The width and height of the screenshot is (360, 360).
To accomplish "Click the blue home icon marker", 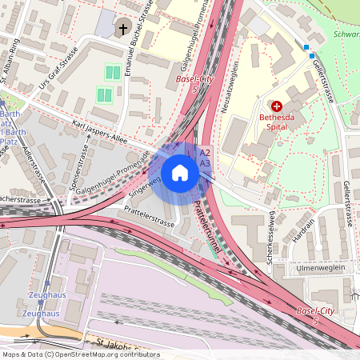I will (180, 172).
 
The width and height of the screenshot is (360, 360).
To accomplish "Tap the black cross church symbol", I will (123, 30).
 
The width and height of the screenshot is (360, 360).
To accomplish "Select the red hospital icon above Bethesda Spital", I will (277, 106).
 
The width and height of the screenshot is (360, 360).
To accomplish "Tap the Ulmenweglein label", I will (319, 268).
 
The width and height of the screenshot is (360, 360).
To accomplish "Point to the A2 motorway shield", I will (205, 152).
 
